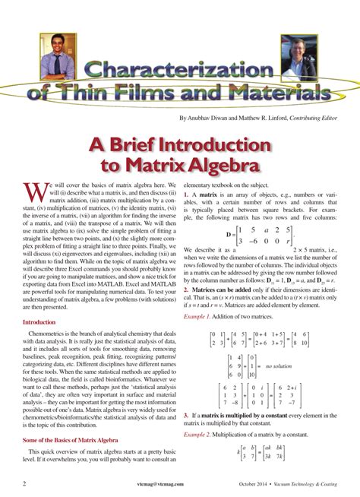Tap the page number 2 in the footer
pos(25,483)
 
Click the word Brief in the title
pos(151,144)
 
